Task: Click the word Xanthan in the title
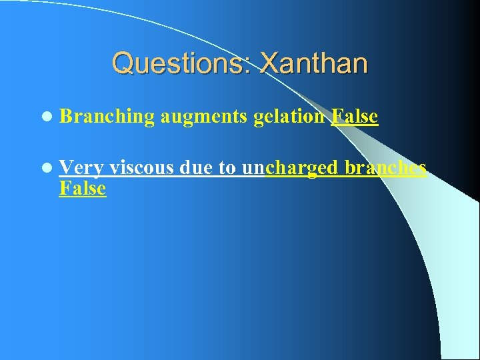(313, 64)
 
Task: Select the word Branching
(107, 117)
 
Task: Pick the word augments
(204, 117)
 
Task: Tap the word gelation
(289, 117)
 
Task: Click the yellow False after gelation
(354, 117)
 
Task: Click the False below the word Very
(82, 189)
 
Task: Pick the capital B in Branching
(65, 117)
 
